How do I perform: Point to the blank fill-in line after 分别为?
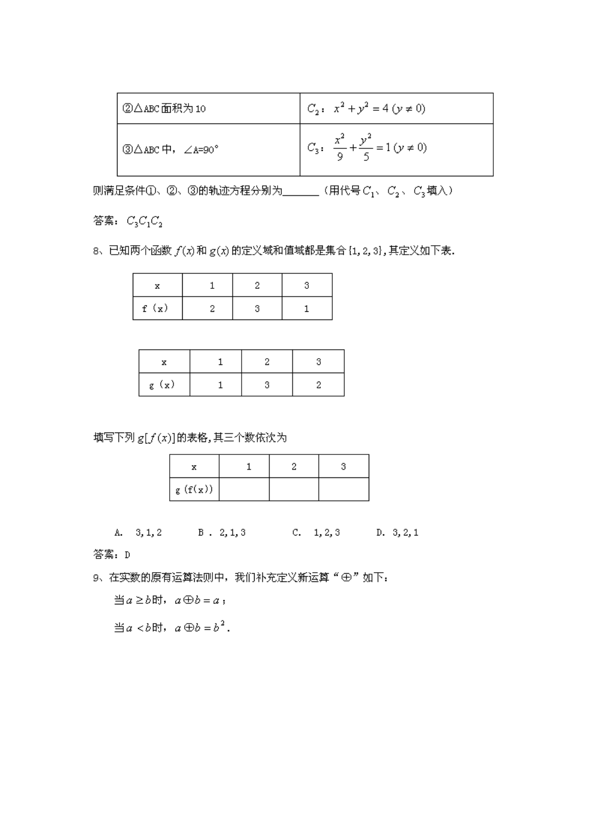coord(301,192)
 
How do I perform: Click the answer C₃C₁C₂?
coord(144,221)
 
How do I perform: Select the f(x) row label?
coord(155,308)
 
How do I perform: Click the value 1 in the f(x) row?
coord(307,308)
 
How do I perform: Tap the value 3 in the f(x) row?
coord(257,308)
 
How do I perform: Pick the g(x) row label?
coord(162,385)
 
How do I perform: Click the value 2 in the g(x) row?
coord(318,385)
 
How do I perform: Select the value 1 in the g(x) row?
coord(220,385)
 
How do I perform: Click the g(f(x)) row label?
coord(194,489)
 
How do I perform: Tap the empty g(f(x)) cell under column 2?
coord(294,489)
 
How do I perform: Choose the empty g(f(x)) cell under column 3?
coord(343,489)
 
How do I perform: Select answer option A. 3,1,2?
coord(138,533)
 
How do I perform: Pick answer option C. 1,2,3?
coord(316,533)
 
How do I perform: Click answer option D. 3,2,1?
coord(397,533)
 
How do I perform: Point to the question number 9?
coord(96,578)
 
